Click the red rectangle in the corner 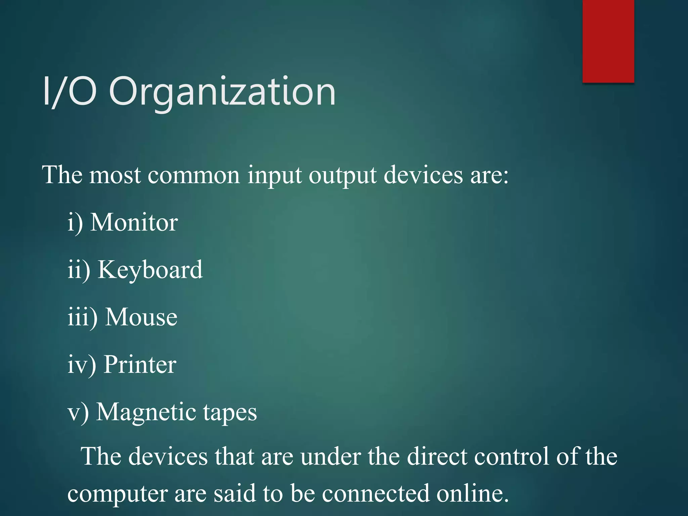coord(608,41)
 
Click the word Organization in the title coord(222,91)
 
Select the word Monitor coord(134,222)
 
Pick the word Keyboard coord(150,270)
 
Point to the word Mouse coord(141,317)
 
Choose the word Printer coord(140,364)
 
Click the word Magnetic coord(146,412)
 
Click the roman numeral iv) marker coord(82,365)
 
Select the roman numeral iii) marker coord(83,317)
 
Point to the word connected coord(376,493)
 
